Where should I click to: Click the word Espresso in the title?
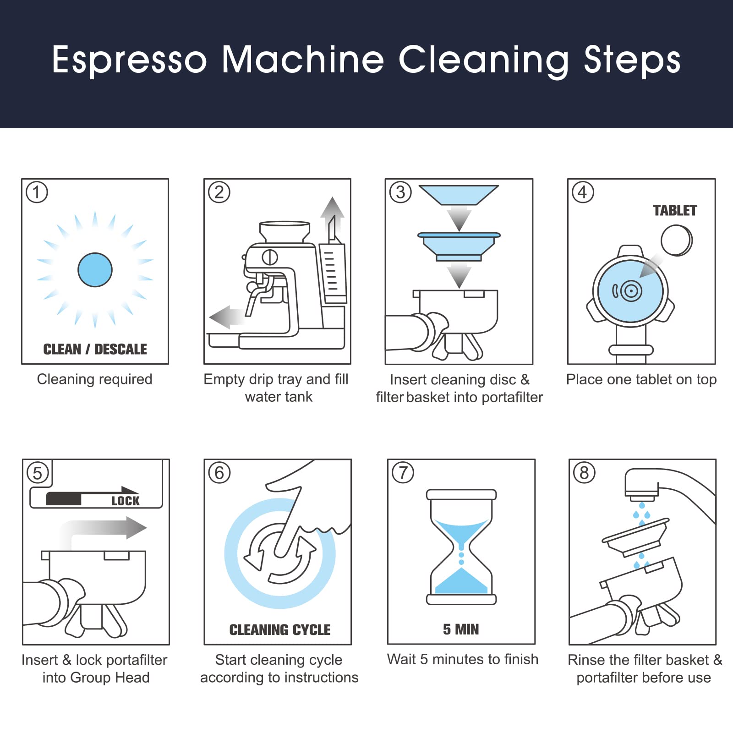point(130,60)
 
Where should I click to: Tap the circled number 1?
point(37,192)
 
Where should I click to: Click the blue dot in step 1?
point(95,270)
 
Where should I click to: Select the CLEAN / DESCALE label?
point(95,349)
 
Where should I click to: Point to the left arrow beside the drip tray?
point(227,317)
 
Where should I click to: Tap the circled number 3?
point(401,192)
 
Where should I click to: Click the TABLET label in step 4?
point(675,210)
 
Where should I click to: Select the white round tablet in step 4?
point(677,241)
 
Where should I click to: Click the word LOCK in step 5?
point(126,501)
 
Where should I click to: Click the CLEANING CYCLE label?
point(280,630)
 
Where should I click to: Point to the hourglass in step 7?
point(461,547)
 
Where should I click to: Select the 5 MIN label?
point(461,629)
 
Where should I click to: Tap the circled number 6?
point(219,473)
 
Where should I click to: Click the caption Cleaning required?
point(94,379)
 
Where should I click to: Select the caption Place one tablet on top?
point(641,380)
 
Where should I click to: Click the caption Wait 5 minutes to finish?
point(463,659)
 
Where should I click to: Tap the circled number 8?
point(584,473)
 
